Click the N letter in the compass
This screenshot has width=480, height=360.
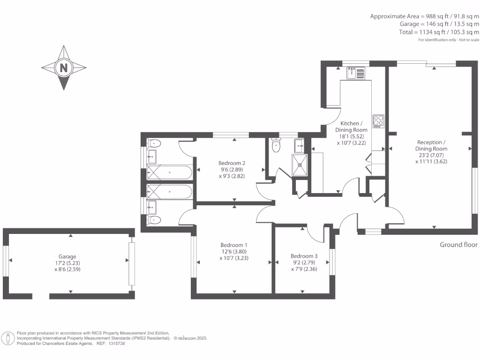63,68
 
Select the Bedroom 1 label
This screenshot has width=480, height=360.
234,245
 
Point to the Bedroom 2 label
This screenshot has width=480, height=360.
233,164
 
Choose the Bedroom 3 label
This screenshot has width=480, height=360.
304,256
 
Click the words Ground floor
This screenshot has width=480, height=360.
458,245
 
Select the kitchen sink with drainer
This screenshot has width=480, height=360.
356,73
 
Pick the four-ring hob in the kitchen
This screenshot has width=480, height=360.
378,121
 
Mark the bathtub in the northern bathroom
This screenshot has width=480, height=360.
169,172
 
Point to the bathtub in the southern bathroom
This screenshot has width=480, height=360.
169,192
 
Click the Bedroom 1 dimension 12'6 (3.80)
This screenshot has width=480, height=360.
234,251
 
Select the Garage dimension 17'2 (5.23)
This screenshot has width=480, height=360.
67,263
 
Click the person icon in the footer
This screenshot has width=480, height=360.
8,337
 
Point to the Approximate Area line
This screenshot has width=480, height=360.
424,16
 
